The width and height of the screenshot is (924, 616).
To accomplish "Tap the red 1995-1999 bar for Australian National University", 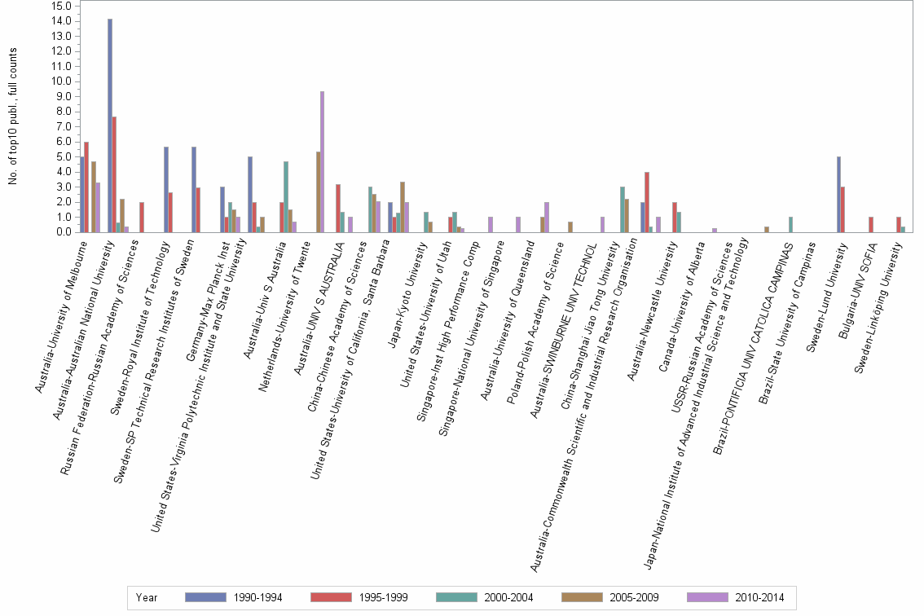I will [x=114, y=174].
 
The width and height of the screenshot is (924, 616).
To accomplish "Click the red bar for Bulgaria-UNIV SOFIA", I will [x=872, y=224].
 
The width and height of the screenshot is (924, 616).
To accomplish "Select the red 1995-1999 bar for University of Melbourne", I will [x=86, y=187].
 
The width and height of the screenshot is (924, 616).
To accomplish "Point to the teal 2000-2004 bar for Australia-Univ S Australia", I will [x=286, y=196].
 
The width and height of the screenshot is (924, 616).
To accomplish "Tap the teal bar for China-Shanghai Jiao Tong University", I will [x=623, y=209].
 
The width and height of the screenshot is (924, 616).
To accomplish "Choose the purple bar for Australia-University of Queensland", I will [x=547, y=217].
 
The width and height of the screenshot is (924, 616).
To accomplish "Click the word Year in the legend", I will [x=147, y=598].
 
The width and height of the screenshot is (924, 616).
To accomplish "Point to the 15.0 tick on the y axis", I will [x=61, y=6].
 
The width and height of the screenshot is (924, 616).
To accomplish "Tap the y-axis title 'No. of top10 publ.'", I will [x=14, y=115].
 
